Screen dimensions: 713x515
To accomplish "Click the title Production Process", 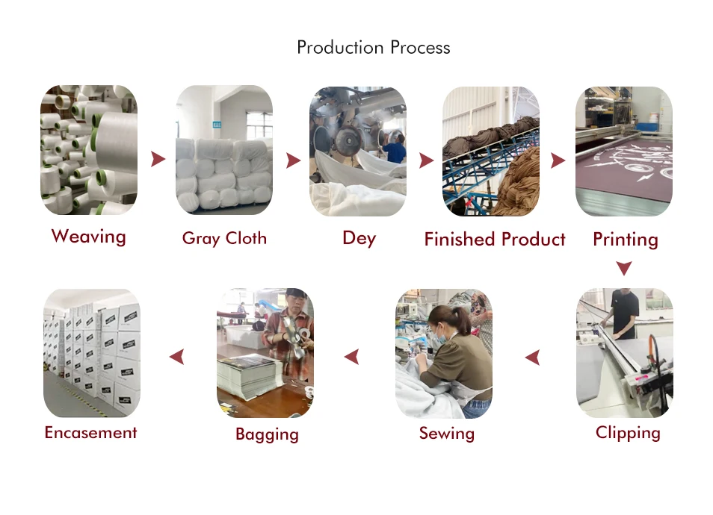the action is (x=373, y=48).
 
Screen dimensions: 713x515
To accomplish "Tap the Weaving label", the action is (x=88, y=237).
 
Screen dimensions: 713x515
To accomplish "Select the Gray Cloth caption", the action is (x=224, y=239).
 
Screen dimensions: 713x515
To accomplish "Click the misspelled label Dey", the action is (x=359, y=239).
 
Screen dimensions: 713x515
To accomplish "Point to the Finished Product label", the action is (x=494, y=240).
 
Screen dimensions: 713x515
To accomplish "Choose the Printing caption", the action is (x=625, y=240).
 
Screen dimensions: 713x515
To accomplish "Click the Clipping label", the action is (x=628, y=433).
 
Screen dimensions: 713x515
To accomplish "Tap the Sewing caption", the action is (x=446, y=434).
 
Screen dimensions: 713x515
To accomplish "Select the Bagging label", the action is (x=267, y=434).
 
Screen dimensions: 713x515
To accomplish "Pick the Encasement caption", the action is (x=90, y=433).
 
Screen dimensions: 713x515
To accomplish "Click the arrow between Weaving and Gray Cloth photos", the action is (x=157, y=159).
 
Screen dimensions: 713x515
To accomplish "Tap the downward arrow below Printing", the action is (x=624, y=268).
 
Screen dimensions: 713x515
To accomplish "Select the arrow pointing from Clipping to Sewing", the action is (x=532, y=358).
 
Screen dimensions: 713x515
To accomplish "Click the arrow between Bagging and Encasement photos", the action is (x=176, y=357).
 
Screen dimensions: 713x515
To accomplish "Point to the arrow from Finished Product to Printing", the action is (x=558, y=160).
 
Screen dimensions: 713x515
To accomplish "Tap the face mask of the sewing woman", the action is (x=439, y=336).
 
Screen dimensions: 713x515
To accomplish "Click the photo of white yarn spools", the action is (x=88, y=149).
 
